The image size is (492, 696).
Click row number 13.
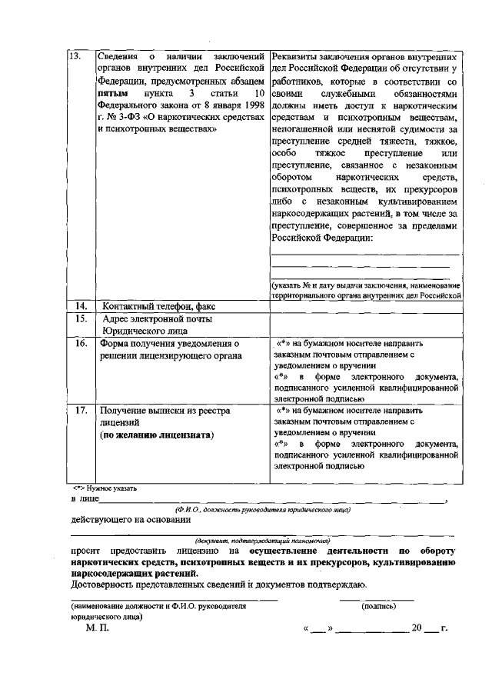(75, 57)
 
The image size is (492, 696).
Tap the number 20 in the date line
(417, 628)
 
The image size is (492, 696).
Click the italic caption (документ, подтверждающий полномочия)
(262, 541)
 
